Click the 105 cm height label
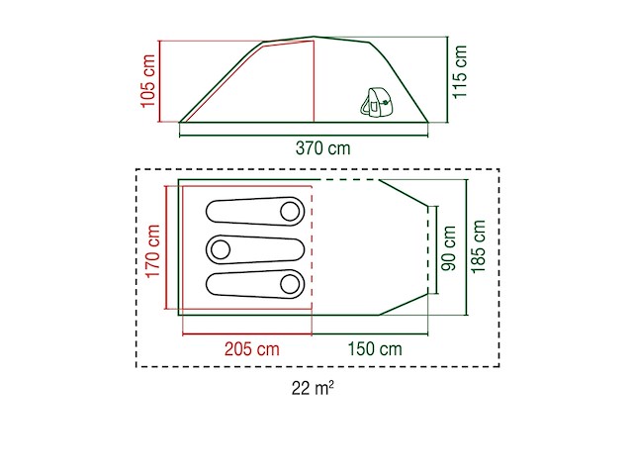[x=148, y=80]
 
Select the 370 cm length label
[x=323, y=148]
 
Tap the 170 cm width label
[x=152, y=250]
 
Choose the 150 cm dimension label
[x=374, y=349]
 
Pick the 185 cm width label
[x=480, y=248]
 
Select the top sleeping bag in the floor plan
[x=255, y=212]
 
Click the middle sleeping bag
[x=255, y=248]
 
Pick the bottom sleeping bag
[x=255, y=284]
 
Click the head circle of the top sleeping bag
[x=290, y=211]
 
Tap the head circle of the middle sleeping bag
[x=220, y=248]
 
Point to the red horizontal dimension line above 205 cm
[x=247, y=333]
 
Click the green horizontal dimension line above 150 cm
[x=370, y=333]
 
